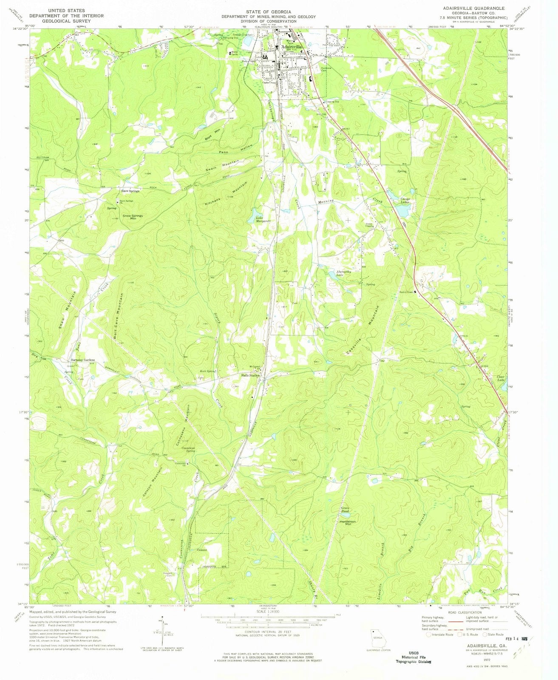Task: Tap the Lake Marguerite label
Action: click(263, 219)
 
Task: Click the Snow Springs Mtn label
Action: click(133, 217)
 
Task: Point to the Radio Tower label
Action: click(406, 292)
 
